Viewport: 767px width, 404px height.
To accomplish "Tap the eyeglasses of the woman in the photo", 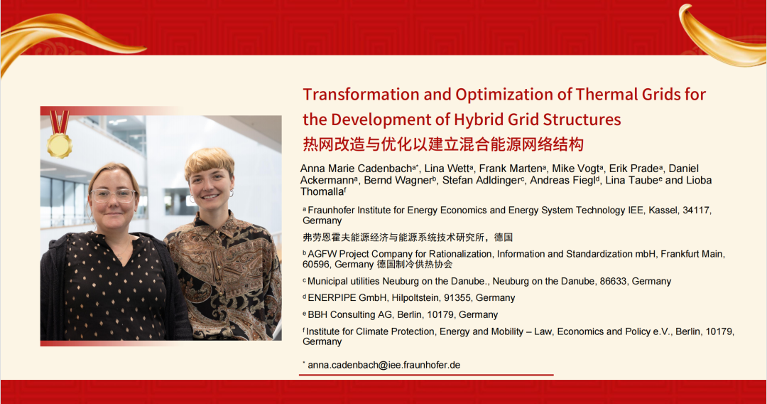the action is click(113, 196).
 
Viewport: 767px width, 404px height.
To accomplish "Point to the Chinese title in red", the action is click(443, 144).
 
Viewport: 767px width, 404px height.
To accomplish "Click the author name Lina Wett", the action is click(447, 169).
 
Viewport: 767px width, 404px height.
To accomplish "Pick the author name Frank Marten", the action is click(510, 169).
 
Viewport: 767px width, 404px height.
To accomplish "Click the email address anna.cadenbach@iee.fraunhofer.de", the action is click(383, 365).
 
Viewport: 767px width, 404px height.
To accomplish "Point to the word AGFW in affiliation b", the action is click(322, 254).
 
